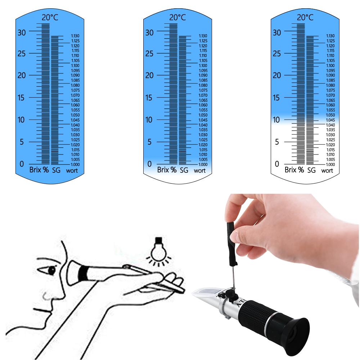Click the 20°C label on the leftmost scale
[50, 17]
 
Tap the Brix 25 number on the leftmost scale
[22, 54]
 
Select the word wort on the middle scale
[199, 170]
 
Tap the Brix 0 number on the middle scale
[149, 164]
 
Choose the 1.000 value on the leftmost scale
[75, 164]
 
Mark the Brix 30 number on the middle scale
[149, 32]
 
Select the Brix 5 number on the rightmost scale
[277, 142]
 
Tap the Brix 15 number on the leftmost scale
[22, 98]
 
